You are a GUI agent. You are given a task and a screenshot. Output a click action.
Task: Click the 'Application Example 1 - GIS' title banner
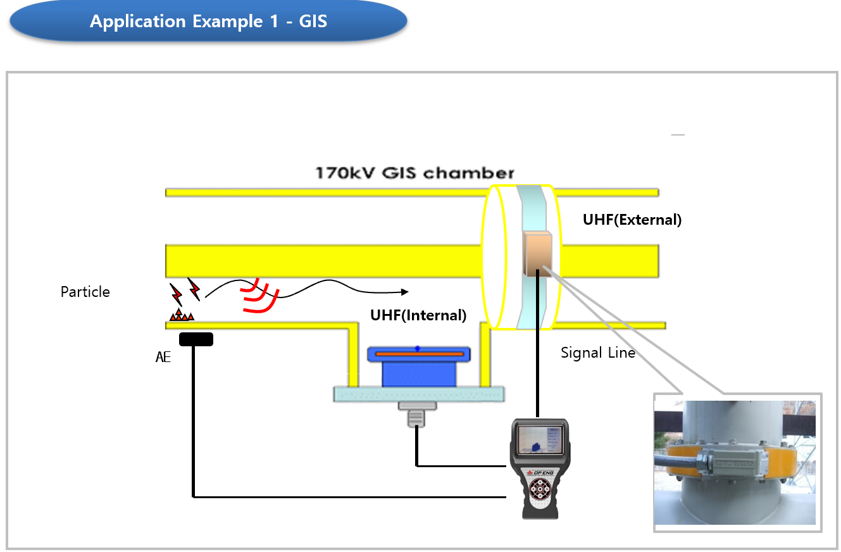click(x=208, y=22)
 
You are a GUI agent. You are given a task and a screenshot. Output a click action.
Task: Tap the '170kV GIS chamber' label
click(x=415, y=173)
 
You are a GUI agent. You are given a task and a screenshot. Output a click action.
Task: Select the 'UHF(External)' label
click(x=632, y=220)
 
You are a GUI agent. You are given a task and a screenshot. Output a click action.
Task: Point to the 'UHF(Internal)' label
click(x=418, y=315)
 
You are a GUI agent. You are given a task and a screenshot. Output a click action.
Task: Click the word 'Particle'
click(x=85, y=292)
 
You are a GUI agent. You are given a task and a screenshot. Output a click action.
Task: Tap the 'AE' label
click(x=163, y=357)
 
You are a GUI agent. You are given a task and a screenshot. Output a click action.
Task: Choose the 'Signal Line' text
click(x=597, y=353)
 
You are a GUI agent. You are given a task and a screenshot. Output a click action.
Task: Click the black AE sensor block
click(x=196, y=339)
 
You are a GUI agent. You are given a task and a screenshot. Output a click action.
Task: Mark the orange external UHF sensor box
click(x=538, y=253)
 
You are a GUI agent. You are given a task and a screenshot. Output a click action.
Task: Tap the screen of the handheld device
click(x=539, y=439)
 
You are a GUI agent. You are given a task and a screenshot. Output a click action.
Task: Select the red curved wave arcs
click(x=259, y=296)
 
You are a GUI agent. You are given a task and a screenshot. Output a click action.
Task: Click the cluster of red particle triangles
click(x=182, y=315)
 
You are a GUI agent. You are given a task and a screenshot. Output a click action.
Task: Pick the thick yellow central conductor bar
click(x=329, y=260)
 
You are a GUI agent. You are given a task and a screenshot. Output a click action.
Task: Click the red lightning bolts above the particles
click(x=185, y=292)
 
